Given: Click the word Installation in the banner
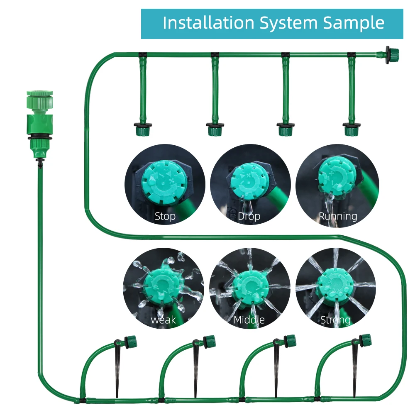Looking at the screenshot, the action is [x=209, y=23].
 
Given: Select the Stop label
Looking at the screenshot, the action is [x=165, y=216].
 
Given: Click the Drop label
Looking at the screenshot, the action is [x=249, y=216].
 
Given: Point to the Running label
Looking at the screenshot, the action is [x=338, y=216].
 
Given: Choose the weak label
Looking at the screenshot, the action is [x=163, y=320].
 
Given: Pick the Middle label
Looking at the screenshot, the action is [x=249, y=320].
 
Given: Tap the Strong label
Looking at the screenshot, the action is [x=335, y=320].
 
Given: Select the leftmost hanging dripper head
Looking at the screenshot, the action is [x=142, y=129].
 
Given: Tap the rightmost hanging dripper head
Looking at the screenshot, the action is [x=352, y=129].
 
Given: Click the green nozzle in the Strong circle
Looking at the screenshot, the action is [x=335, y=285].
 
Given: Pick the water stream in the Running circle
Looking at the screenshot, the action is [x=329, y=210].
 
